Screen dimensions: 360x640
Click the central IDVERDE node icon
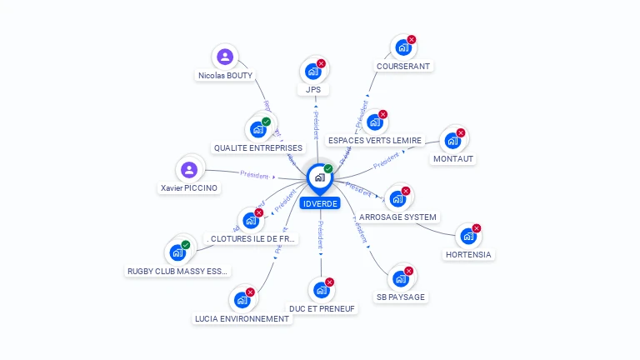pos(320,177)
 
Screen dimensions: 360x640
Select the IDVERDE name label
pos(321,203)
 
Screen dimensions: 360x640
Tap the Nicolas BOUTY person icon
pos(224,57)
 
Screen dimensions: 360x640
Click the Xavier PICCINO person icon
pos(190,170)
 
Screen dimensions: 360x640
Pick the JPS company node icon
pos(312,72)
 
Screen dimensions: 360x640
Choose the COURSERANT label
pos(404,66)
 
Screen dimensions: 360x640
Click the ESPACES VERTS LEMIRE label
pos(375,140)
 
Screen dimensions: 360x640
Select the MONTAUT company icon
pos(452,141)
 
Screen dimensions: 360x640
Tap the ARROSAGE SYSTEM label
pos(397,217)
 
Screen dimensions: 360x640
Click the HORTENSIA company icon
pos(467,237)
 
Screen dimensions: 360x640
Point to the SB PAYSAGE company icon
pos(401,279)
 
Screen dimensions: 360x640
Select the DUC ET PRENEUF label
pos(322,309)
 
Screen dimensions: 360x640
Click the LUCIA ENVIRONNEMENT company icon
pos(242,300)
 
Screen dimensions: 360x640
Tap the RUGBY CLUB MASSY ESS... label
pos(177,271)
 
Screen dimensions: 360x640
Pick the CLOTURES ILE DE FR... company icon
pos(250,220)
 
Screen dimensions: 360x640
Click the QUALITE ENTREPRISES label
pos(258,147)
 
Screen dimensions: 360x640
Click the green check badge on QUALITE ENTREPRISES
pos(266,122)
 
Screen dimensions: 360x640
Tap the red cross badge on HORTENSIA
pos(477,228)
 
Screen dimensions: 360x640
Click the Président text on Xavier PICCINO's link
pos(253,174)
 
